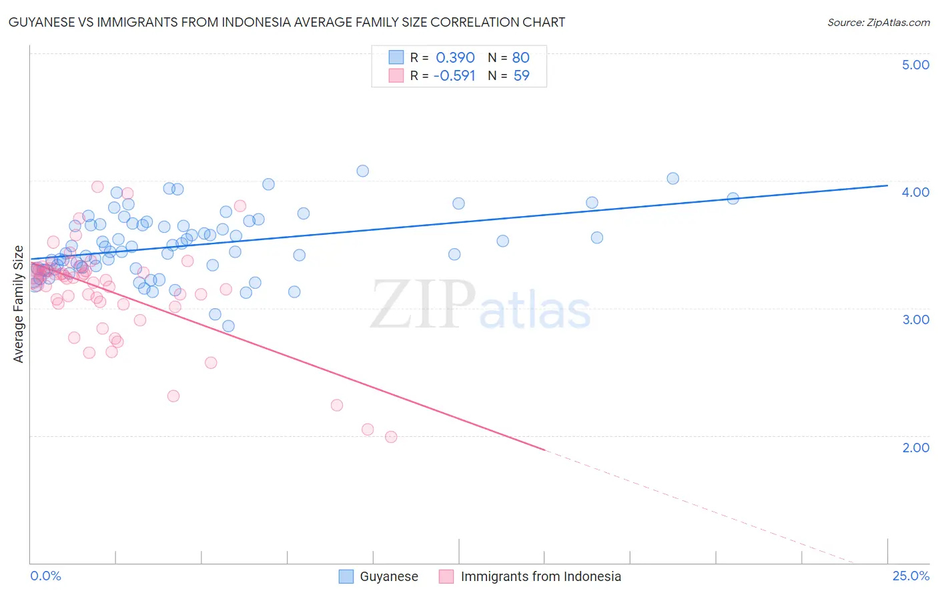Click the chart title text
click(x=287, y=22)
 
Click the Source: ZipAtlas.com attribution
click(x=878, y=22)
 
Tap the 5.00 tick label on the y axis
click(x=915, y=65)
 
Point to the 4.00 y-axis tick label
click(x=915, y=192)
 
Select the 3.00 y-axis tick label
click(x=915, y=320)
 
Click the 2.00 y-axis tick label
click(x=915, y=448)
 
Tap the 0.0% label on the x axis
click(x=45, y=576)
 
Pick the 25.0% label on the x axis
click(x=911, y=576)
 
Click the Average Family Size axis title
click(x=19, y=304)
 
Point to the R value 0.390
click(x=455, y=57)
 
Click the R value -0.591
click(x=454, y=75)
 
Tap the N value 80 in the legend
click(x=520, y=57)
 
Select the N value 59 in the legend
click(x=521, y=75)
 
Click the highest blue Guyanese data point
click(x=362, y=171)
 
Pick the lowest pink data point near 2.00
click(x=391, y=437)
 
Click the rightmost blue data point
click(x=733, y=198)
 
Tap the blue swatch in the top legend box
click(x=396, y=57)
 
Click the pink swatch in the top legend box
click(x=396, y=75)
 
